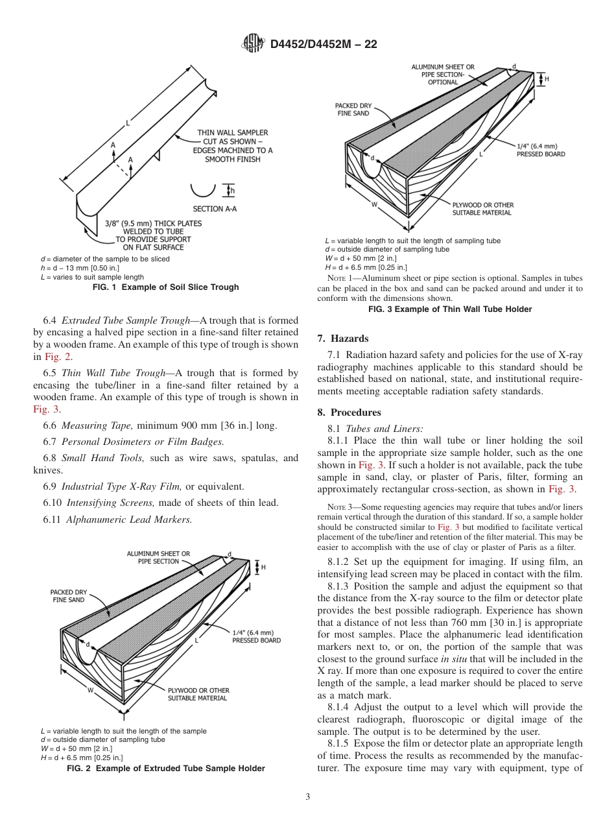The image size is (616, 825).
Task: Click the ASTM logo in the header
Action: pos(252,43)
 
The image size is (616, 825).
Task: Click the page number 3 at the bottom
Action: pos(307,796)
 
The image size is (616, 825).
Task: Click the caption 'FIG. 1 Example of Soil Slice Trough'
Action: pos(165,287)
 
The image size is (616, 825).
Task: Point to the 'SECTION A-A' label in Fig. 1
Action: pos(215,209)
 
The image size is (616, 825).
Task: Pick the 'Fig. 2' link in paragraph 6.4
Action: pos(53,357)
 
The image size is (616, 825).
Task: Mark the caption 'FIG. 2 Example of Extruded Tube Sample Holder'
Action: pos(166,769)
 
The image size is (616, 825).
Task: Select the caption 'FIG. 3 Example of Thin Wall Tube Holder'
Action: pos(450,309)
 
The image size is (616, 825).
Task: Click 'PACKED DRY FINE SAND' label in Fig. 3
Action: pos(352,109)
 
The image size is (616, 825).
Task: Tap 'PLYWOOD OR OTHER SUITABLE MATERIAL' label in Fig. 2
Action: pos(198,694)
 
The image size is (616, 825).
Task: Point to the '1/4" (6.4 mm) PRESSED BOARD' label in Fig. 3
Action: pos(541,150)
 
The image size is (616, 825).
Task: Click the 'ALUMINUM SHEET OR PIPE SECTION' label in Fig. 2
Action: pos(158,557)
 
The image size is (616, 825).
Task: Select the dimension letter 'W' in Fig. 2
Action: pos(91,691)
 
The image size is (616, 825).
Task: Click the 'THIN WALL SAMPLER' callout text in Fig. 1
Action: pos(233,133)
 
